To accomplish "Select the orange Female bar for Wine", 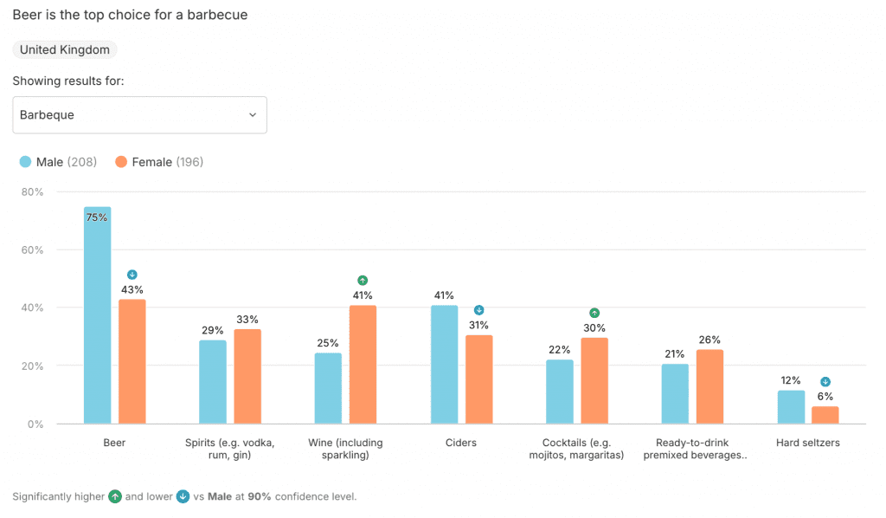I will point(363,365).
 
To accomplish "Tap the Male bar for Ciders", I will point(444,365).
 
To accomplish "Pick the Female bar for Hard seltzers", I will point(825,415).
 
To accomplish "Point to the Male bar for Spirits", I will point(213,382).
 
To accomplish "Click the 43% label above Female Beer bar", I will point(132,289).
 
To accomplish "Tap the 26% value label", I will point(709,340).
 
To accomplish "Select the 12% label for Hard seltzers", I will point(790,380).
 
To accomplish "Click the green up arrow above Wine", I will point(363,280).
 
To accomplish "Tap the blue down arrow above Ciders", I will point(478,310).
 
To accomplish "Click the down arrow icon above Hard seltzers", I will point(825,382).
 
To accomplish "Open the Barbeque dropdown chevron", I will point(253,115).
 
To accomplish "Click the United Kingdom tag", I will point(65,50).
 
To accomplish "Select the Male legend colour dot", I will point(25,162).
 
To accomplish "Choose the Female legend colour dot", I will point(121,162).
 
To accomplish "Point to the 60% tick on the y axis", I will point(32,249).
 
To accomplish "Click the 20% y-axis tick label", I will point(32,366).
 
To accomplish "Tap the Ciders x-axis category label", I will point(461,443).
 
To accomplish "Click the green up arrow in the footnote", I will point(114,497).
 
